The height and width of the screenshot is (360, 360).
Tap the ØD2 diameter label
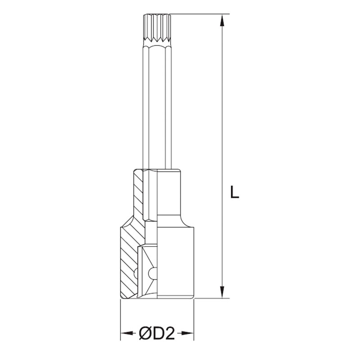pos(157,334)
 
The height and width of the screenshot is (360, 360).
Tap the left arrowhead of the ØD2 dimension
pos(126,334)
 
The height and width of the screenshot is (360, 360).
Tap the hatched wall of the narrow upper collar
pos(138,193)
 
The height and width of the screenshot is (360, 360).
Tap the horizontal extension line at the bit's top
pos(198,14)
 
